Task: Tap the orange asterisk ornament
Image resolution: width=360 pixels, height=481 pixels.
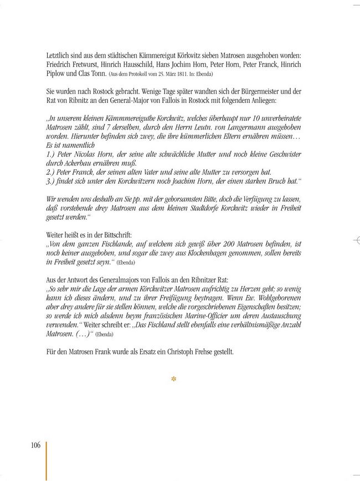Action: tap(174, 380)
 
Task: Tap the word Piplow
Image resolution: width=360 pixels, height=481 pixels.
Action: tap(56, 74)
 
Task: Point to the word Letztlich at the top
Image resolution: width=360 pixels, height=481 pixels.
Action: tap(61, 55)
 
